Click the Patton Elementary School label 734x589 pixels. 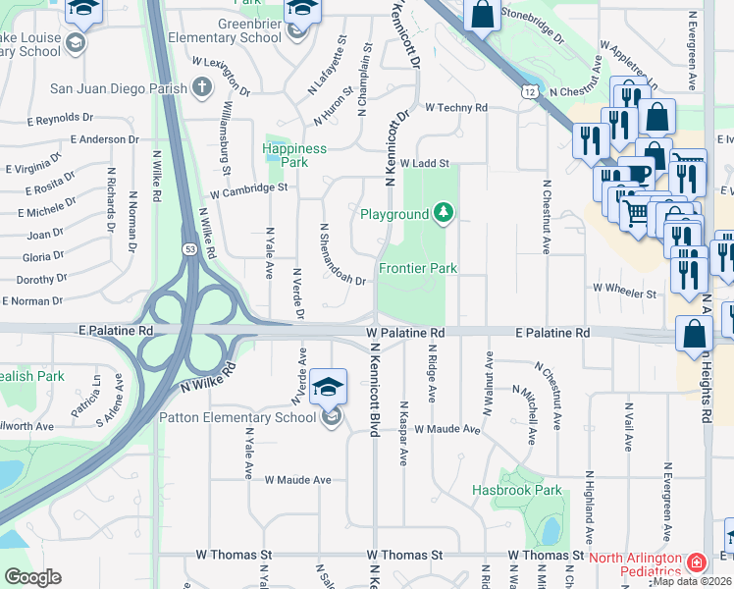[x=237, y=417]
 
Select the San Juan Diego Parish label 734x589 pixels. [x=120, y=88]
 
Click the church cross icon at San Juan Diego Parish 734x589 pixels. [x=202, y=88]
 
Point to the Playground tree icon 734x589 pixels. [x=444, y=213]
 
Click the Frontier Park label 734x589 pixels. [x=418, y=268]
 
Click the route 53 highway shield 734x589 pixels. [x=185, y=251]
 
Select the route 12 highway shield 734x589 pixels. [x=530, y=91]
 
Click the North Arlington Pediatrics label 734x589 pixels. [x=635, y=564]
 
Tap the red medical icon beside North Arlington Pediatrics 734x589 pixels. [x=696, y=563]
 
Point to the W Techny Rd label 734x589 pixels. [x=455, y=108]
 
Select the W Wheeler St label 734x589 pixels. [x=623, y=293]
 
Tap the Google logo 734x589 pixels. [x=31, y=577]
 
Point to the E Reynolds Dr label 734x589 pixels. [x=59, y=118]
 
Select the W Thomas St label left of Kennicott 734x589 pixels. [x=234, y=555]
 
